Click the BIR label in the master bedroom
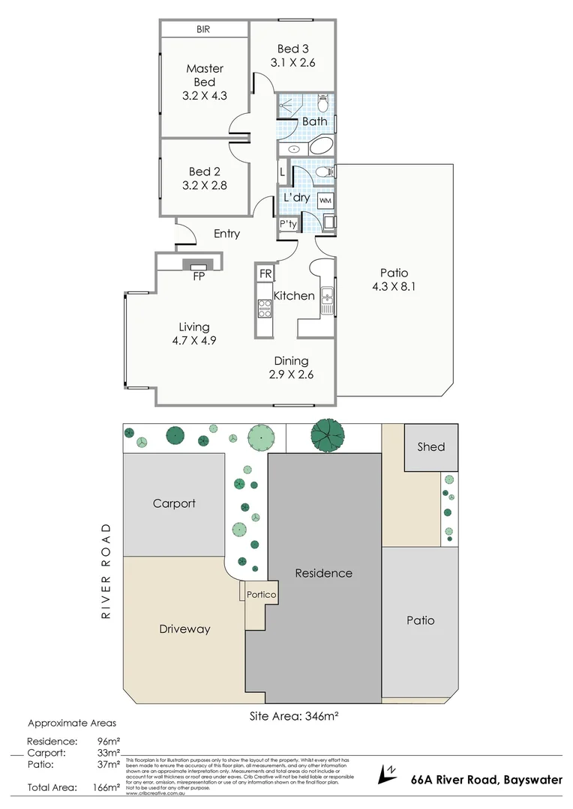point(203,29)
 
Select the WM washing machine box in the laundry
point(325,201)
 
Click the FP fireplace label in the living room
point(199,276)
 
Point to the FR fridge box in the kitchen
point(265,273)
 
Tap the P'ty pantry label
point(287,224)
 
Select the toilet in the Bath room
point(323,101)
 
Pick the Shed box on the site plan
point(430,447)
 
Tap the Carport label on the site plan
point(174,503)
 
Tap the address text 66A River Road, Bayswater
point(486,780)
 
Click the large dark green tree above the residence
point(328,433)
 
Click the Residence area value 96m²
point(109,740)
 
